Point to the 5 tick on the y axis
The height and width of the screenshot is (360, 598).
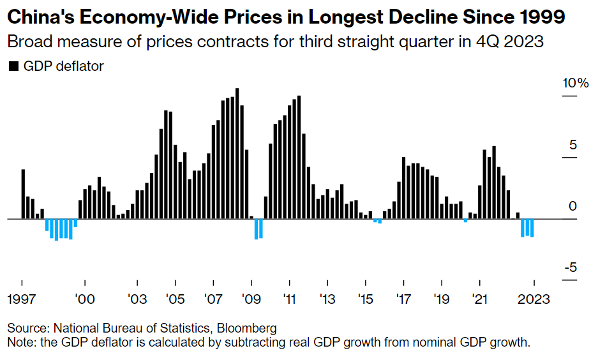click(x=573, y=145)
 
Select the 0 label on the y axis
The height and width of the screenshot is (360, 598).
click(x=572, y=206)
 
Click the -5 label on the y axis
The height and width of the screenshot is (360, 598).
click(x=570, y=267)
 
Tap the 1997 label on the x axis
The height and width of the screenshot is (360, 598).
click(x=22, y=299)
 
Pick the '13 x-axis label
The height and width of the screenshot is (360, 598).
click(x=327, y=299)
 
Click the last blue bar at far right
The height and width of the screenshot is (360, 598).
click(x=532, y=228)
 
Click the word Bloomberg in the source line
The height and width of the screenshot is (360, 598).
click(x=247, y=328)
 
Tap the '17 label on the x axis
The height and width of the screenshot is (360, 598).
click(x=403, y=299)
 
